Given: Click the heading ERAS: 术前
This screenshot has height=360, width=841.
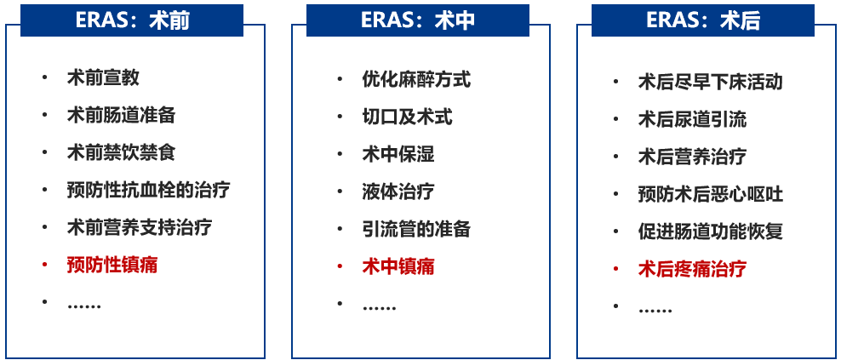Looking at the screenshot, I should pyautogui.click(x=132, y=20).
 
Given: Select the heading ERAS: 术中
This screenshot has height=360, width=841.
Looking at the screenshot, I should pyautogui.click(x=417, y=20).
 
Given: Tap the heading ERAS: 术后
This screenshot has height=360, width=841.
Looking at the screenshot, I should pyautogui.click(x=703, y=20).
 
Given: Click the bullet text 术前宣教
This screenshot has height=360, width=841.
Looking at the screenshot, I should pyautogui.click(x=103, y=78).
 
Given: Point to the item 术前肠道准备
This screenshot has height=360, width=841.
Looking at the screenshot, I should pyautogui.click(x=121, y=116).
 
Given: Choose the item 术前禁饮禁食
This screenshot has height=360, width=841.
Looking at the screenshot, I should pyautogui.click(x=121, y=153).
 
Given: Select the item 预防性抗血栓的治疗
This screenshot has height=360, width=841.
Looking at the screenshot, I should pyautogui.click(x=148, y=190).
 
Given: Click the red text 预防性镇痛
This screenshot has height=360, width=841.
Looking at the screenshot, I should pyautogui.click(x=112, y=265).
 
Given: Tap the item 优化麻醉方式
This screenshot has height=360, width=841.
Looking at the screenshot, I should pyautogui.click(x=415, y=79).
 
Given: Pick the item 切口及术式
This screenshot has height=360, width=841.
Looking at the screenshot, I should pyautogui.click(x=407, y=117).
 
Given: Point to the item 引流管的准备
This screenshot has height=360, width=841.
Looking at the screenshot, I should pyautogui.click(x=415, y=229).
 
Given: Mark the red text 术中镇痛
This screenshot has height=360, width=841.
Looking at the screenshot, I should pyautogui.click(x=398, y=266).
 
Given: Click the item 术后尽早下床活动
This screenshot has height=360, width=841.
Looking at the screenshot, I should pyautogui.click(x=710, y=82).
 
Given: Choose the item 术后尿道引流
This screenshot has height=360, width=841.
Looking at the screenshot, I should pyautogui.click(x=692, y=119).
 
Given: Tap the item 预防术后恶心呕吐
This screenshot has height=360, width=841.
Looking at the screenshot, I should pyautogui.click(x=710, y=194).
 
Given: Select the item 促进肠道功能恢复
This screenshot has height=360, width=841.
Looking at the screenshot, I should pyautogui.click(x=710, y=231).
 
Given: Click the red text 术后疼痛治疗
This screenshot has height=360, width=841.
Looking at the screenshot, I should pyautogui.click(x=692, y=269).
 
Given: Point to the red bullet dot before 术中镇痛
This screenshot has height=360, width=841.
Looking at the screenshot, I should pyautogui.click(x=339, y=266).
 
